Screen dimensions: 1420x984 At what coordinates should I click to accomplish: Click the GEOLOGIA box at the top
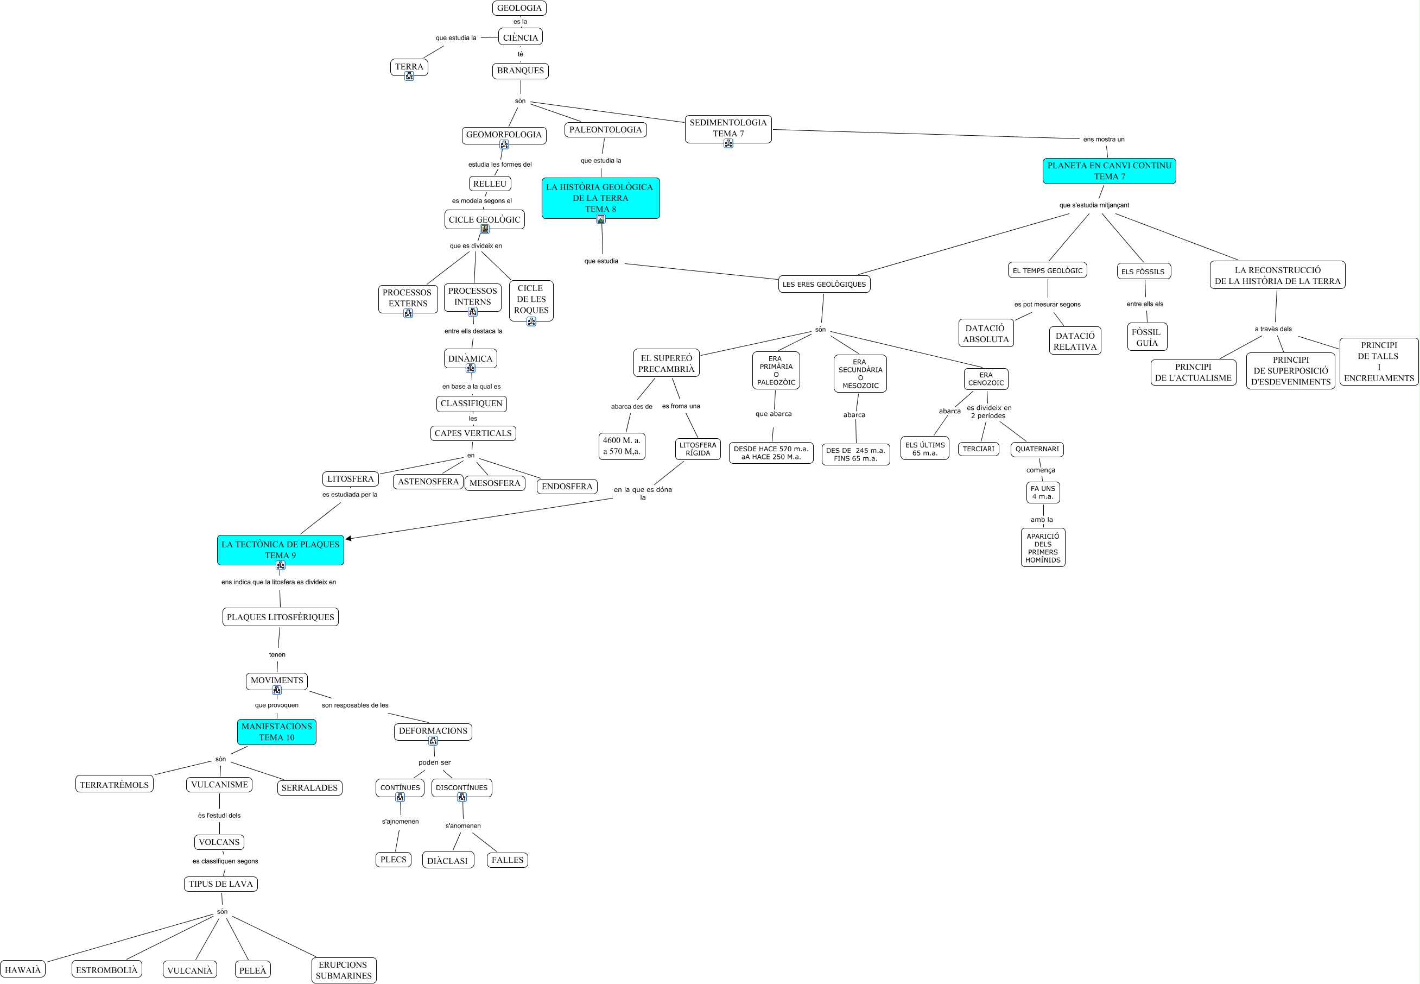519,8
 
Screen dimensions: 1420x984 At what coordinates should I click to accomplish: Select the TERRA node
409,67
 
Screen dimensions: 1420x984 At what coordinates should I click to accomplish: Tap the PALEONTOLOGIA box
605,129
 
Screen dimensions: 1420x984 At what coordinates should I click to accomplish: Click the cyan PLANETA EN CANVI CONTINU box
1109,171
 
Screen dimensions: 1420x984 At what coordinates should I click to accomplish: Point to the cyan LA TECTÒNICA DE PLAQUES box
281,550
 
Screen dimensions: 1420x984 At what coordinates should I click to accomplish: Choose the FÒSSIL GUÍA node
1146,337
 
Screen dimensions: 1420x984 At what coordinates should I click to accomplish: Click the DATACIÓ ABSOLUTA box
986,333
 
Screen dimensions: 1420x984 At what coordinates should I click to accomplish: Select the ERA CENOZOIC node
986,379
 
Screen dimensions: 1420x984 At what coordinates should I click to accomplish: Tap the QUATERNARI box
1037,449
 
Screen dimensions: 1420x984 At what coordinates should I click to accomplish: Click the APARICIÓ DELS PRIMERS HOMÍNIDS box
1042,547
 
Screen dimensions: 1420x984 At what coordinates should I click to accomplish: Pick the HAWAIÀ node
23,970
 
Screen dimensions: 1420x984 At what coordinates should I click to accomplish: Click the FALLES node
507,860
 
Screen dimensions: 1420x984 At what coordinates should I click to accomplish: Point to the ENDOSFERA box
566,487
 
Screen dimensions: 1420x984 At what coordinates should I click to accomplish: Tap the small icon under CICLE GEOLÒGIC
485,229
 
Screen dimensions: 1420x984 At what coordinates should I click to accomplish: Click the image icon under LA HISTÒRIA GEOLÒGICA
601,219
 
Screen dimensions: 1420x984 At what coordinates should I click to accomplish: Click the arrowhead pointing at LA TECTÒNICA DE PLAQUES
348,538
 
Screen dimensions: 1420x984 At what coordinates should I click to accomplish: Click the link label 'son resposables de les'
355,705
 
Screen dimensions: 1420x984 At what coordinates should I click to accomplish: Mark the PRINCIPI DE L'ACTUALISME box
1193,373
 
